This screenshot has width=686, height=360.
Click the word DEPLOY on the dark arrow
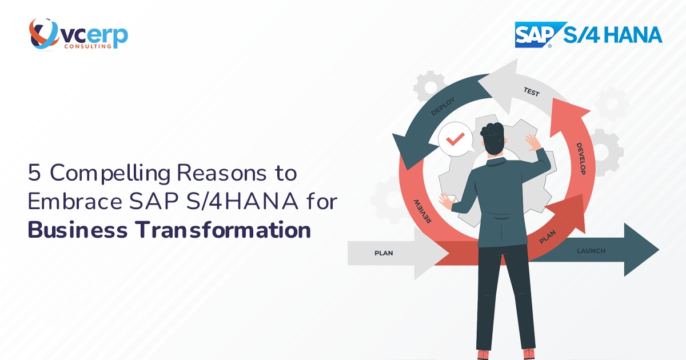(443, 107)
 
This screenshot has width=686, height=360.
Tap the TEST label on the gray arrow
(531, 91)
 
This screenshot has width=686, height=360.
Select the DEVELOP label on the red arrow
(583, 158)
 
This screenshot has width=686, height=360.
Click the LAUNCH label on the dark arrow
(591, 251)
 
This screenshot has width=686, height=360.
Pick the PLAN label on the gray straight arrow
(384, 253)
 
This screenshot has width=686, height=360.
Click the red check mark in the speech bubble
(455, 140)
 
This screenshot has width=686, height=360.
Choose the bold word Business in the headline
(78, 230)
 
